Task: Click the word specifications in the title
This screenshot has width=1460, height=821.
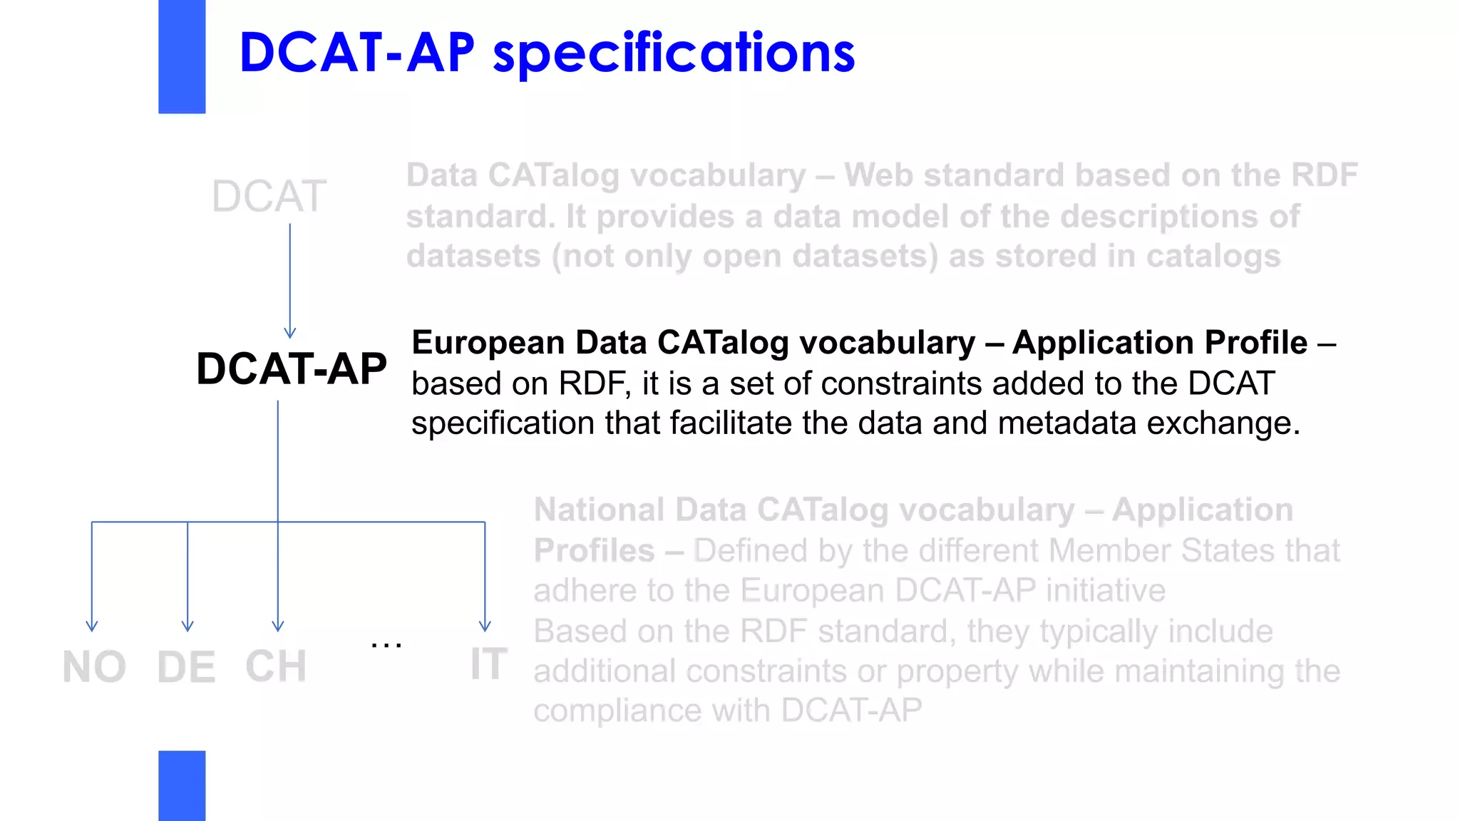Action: [x=673, y=54]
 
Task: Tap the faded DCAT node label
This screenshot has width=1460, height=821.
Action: [x=269, y=197]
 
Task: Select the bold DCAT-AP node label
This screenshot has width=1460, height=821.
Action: [x=291, y=369]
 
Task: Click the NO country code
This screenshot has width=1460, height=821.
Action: [x=94, y=668]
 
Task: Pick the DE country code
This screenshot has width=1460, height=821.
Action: [x=186, y=668]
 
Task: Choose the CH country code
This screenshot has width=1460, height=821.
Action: [x=276, y=667]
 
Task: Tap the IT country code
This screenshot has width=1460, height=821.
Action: [x=488, y=664]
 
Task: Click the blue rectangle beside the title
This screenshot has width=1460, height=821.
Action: [x=182, y=56]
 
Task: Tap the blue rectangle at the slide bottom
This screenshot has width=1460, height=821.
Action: [x=182, y=785]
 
